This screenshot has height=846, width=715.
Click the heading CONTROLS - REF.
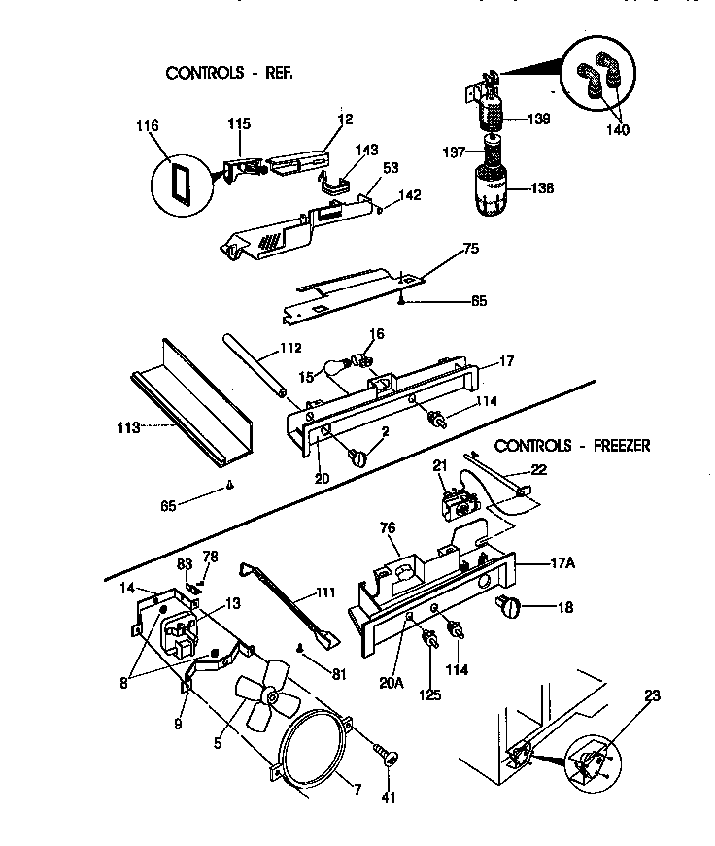coord(229,73)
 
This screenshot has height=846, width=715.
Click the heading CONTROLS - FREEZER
coord(572,446)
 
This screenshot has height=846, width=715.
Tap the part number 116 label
coord(149,126)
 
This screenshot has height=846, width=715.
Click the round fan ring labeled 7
coord(313,748)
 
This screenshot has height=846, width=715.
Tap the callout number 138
coord(542,188)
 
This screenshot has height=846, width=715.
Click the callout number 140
coord(616,130)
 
